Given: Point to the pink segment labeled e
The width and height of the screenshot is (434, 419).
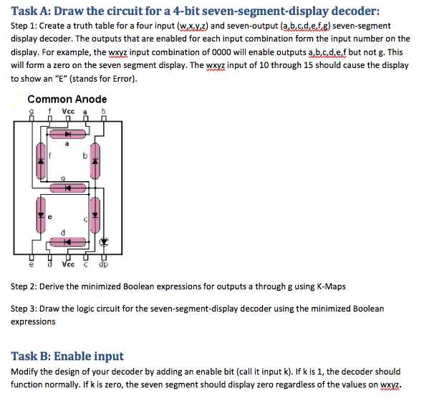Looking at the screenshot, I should (42, 215).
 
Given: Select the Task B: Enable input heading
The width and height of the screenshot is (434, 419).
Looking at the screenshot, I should (67, 356).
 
